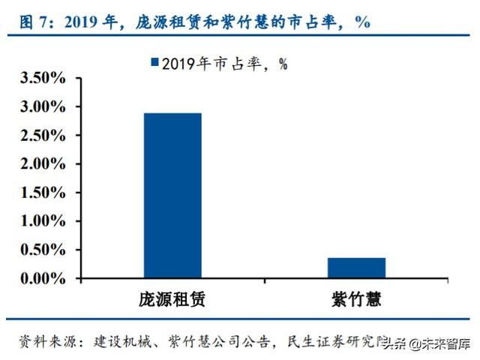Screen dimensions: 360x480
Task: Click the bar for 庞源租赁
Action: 172,196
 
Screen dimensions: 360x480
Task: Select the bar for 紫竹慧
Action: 356,268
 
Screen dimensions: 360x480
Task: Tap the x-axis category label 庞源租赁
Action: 172,300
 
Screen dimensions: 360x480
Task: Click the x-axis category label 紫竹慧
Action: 356,300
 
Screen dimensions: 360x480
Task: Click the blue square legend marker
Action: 155,62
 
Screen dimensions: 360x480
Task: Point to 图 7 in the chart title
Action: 37,21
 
